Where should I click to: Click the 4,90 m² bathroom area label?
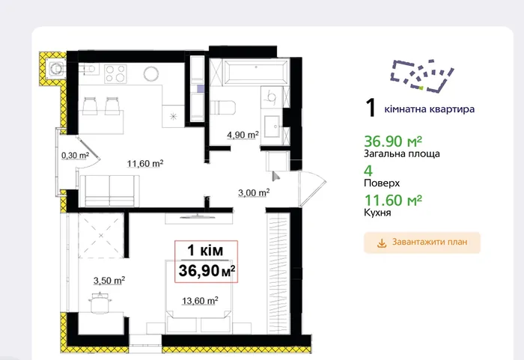coord(243,135)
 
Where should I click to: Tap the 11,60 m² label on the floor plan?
coord(145,163)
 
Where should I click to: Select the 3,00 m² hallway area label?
coord(254,192)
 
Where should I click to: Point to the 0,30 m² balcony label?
coord(75,155)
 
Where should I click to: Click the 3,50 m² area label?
coord(109,280)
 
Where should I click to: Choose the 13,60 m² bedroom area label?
coord(200,301)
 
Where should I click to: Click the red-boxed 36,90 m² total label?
coord(206,261)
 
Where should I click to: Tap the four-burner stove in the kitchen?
coord(115,73)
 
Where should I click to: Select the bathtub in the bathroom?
coord(256,72)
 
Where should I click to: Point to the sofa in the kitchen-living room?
coord(109,190)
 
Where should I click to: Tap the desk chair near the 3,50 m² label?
coord(100,303)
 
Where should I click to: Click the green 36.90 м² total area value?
coord(393,141)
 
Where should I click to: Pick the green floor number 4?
coord(368,171)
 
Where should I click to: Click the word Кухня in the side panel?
coord(377,213)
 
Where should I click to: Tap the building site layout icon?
coord(422,76)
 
